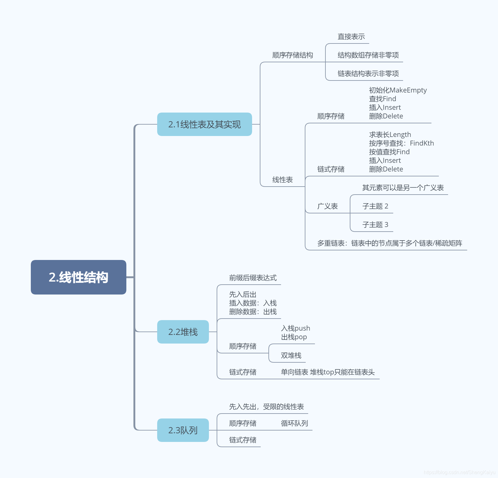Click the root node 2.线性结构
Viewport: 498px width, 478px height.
(78, 277)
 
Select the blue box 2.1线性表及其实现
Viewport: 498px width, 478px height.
(204, 124)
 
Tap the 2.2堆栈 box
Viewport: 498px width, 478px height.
(183, 332)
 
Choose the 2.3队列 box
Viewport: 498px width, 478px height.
(183, 430)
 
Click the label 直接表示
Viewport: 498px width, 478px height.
(351, 37)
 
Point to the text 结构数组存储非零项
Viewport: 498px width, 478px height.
(368, 55)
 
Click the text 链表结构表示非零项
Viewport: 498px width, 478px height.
(368, 74)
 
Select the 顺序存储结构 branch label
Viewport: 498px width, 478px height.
(292, 55)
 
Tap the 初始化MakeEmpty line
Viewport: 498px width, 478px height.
(398, 90)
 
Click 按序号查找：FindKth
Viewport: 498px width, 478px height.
(401, 143)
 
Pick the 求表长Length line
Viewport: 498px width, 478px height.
(390, 135)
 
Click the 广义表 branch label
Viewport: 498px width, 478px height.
(327, 206)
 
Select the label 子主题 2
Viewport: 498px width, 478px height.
(375, 206)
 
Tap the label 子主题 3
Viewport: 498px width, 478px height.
(375, 225)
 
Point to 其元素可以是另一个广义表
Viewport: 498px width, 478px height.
(403, 188)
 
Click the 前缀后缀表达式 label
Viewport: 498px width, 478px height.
(253, 278)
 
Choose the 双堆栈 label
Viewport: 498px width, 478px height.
(291, 356)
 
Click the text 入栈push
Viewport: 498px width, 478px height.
(295, 328)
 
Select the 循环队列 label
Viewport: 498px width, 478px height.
(294, 423)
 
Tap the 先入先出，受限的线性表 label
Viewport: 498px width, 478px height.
(266, 407)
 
